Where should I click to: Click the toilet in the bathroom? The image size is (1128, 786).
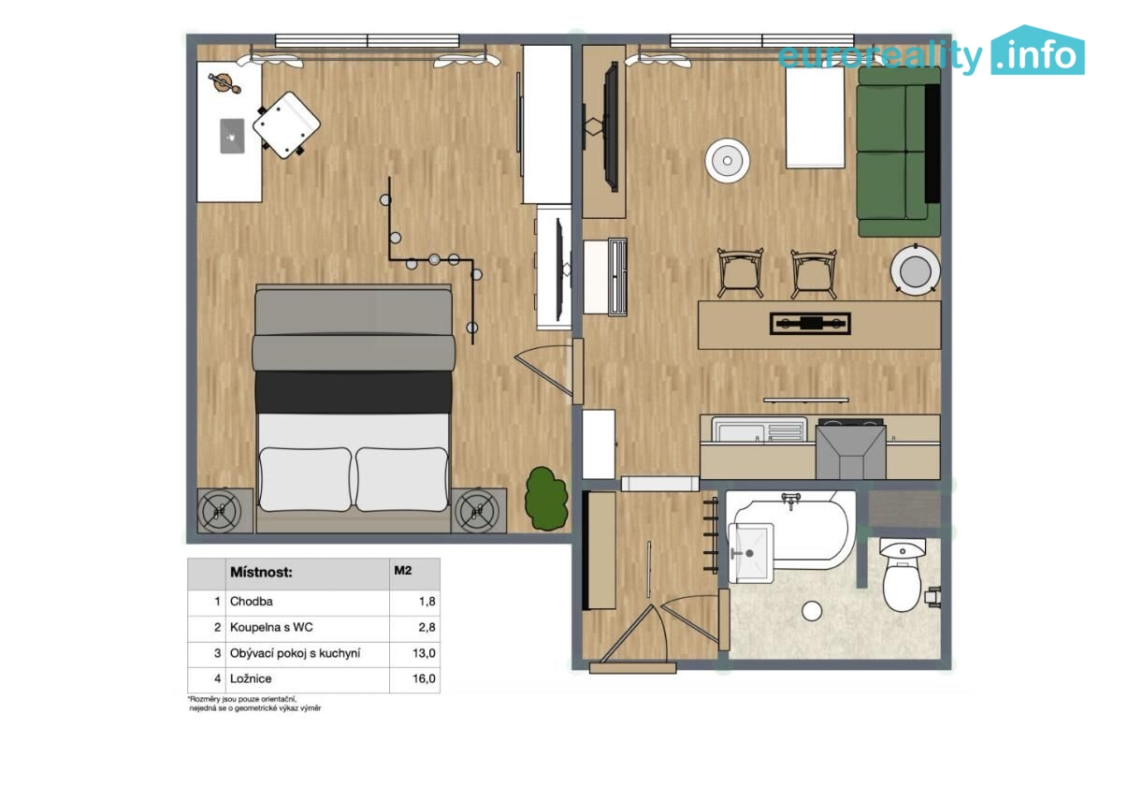click(x=903, y=575)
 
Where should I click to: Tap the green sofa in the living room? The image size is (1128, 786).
click(x=900, y=152)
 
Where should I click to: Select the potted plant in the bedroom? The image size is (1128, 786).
click(x=546, y=499)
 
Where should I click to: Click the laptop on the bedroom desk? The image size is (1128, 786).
click(x=232, y=136)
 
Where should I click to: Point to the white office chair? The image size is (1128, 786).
click(x=286, y=125)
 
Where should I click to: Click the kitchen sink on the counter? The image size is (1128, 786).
click(x=759, y=430)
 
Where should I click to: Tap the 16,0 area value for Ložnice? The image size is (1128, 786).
click(x=424, y=678)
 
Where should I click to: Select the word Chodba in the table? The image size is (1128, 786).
click(x=252, y=602)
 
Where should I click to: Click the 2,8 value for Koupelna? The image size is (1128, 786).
click(x=427, y=627)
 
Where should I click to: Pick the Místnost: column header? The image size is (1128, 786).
click(x=261, y=573)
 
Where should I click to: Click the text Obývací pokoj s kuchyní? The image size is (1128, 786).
click(x=295, y=653)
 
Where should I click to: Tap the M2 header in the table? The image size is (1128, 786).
click(x=403, y=571)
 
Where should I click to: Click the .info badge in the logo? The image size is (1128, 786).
click(x=1037, y=51)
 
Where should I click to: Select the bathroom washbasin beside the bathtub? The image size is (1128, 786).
click(x=750, y=552)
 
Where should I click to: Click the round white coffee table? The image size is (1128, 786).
click(x=727, y=161)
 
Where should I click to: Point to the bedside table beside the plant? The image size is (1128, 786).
click(x=479, y=510)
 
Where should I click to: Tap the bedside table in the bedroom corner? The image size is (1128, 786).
click(x=225, y=510)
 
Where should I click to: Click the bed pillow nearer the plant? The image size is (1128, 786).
click(x=402, y=479)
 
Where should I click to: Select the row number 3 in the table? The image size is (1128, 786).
click(x=217, y=653)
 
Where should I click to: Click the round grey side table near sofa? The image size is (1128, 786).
click(x=915, y=270)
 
